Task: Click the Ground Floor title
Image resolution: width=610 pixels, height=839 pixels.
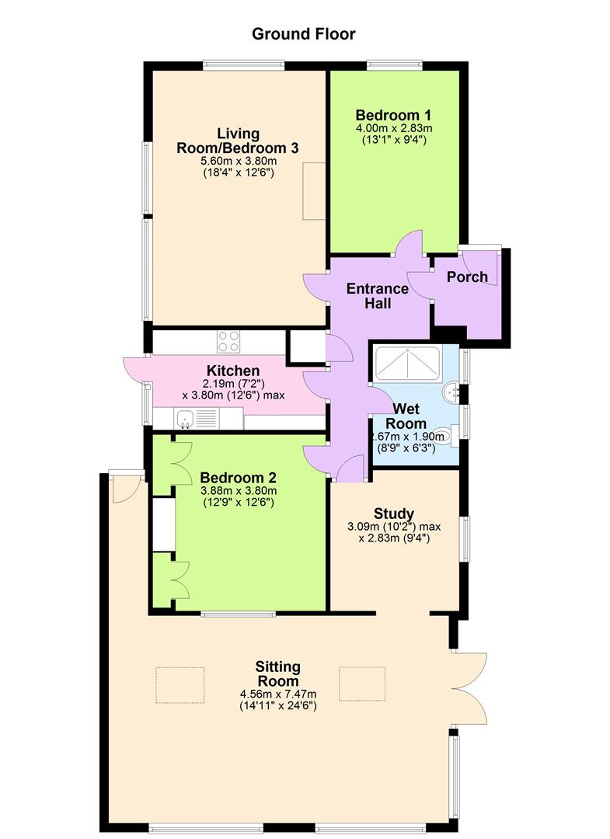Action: (x=303, y=34)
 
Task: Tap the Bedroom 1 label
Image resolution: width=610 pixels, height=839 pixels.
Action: (x=393, y=115)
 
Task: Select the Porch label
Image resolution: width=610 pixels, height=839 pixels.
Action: (x=467, y=277)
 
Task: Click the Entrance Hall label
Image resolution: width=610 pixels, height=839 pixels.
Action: (x=377, y=296)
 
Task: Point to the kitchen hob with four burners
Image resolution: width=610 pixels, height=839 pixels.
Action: (x=229, y=341)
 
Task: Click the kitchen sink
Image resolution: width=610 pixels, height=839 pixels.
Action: (x=186, y=418)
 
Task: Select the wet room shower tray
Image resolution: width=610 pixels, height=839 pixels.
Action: (x=408, y=364)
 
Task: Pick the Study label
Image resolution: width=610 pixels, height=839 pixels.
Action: (x=394, y=514)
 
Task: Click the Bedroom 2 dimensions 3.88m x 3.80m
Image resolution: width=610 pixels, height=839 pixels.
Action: (x=239, y=491)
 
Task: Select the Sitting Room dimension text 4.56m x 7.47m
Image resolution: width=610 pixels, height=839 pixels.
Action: (x=278, y=694)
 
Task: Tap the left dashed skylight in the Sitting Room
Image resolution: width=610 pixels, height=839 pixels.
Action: (x=180, y=685)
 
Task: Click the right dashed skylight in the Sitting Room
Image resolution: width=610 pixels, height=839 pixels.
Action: (x=362, y=684)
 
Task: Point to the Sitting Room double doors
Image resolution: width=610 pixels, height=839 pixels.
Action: (x=469, y=688)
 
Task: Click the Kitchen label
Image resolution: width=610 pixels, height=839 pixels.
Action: (x=233, y=371)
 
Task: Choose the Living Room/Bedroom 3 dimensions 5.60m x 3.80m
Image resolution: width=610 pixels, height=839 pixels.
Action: (x=239, y=161)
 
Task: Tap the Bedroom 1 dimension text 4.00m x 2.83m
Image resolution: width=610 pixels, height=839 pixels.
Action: (x=394, y=128)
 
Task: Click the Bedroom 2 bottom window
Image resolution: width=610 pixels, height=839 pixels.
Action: (x=239, y=613)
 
